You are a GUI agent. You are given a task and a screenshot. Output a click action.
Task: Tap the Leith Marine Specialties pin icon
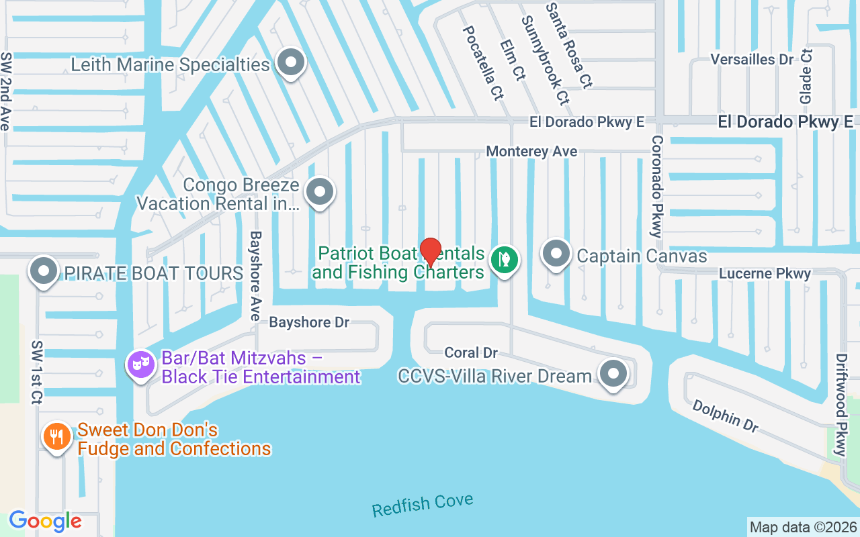click(x=291, y=63)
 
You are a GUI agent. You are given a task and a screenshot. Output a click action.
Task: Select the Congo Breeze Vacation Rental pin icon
click(x=320, y=192)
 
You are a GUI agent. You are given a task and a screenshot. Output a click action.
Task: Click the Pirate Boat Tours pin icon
click(x=44, y=272)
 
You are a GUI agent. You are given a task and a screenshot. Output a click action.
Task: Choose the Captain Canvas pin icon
click(x=556, y=254)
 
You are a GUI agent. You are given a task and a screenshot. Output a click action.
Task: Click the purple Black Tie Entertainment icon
click(x=140, y=365)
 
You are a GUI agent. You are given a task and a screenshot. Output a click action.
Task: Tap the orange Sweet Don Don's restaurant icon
click(x=57, y=437)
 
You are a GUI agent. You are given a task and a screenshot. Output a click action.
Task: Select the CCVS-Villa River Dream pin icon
click(x=613, y=374)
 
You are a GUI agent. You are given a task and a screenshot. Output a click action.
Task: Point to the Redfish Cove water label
click(x=423, y=505)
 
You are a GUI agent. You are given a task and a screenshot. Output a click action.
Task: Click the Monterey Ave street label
click(x=531, y=152)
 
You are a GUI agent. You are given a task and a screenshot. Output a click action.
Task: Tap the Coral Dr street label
click(x=471, y=352)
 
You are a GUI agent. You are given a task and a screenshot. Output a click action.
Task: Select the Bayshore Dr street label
click(x=309, y=322)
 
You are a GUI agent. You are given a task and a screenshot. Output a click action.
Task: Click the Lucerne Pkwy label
click(x=765, y=273)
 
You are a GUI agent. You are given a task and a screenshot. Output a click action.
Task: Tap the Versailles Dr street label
click(x=752, y=59)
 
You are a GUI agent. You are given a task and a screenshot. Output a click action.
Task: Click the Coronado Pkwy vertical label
click(x=656, y=186)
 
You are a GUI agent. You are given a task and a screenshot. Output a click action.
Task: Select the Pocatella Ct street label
click(x=482, y=54)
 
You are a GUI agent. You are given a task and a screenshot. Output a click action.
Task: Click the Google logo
click(x=45, y=521)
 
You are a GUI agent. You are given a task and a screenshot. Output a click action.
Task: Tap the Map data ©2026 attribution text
click(x=803, y=527)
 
